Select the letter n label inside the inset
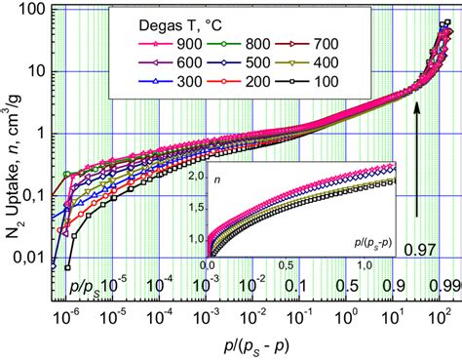221,180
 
